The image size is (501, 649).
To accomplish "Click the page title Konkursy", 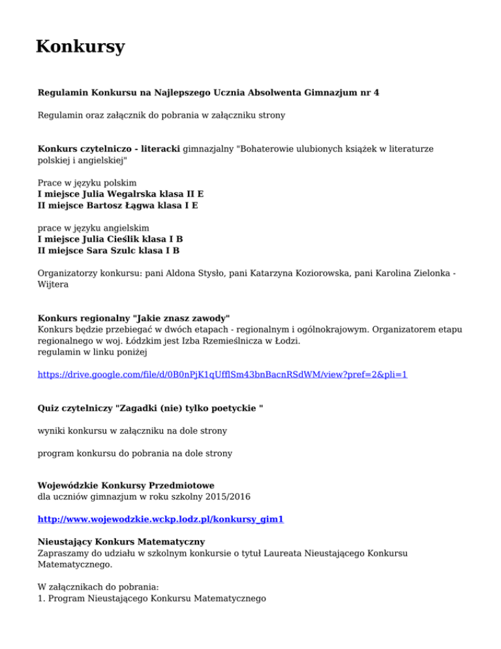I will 80,47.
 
